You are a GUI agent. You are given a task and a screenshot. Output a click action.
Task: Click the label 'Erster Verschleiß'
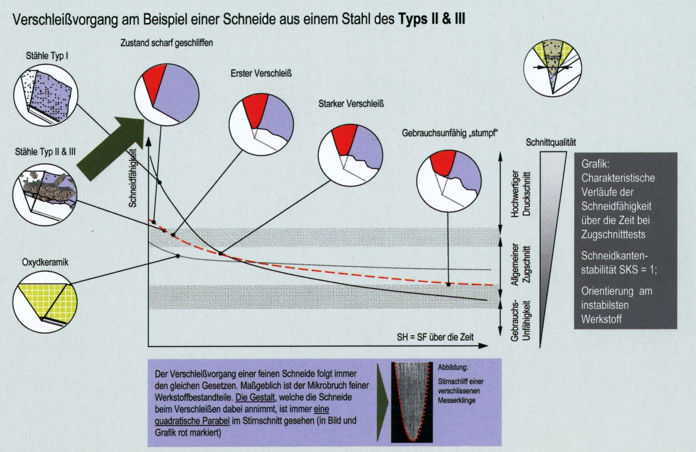click(x=261, y=73)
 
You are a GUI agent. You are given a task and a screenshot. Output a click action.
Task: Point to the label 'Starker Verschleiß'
click(x=351, y=104)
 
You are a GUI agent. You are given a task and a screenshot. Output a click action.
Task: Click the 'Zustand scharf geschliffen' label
click(x=166, y=43)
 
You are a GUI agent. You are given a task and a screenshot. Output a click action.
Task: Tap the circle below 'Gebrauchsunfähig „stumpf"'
click(x=449, y=180)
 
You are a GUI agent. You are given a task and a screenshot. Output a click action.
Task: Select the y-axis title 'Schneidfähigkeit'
click(x=133, y=178)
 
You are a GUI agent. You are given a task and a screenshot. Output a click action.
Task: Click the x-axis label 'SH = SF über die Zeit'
click(x=435, y=337)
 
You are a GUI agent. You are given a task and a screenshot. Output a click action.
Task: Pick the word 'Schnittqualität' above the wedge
click(x=551, y=143)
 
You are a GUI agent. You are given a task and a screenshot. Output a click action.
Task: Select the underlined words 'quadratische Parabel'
click(x=192, y=421)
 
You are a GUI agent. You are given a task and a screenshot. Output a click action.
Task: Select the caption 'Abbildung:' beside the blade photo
click(x=453, y=367)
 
